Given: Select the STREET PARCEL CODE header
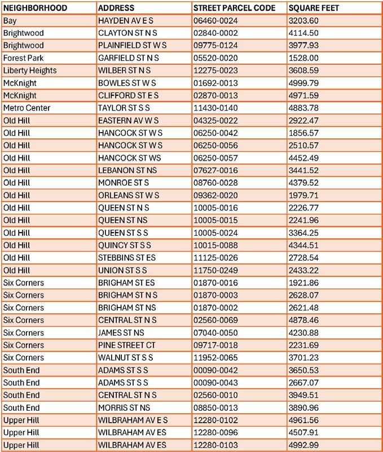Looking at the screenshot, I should tap(234, 8).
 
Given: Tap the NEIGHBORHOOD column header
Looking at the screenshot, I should tap(35, 8).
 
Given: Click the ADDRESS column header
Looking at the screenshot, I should tap(116, 8).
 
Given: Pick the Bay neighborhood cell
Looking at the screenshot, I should tap(10, 20).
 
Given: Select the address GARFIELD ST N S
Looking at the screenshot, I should tap(129, 58).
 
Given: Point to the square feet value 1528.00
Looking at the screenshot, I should tap(304, 58).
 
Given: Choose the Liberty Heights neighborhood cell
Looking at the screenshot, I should tap(29, 71).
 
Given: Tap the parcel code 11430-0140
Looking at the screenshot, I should tap(214, 108).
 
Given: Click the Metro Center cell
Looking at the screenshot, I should tap(27, 108).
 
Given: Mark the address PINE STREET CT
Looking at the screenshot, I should tap(127, 345).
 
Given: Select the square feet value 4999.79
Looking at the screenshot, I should tap(304, 83).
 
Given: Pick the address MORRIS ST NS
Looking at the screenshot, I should tap(124, 407).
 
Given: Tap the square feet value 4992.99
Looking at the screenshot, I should tap(304, 445).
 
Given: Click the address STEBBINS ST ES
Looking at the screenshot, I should tap(127, 258).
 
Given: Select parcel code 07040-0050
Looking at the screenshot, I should tap(214, 333).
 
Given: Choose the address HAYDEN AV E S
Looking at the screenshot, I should tap(125, 20).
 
